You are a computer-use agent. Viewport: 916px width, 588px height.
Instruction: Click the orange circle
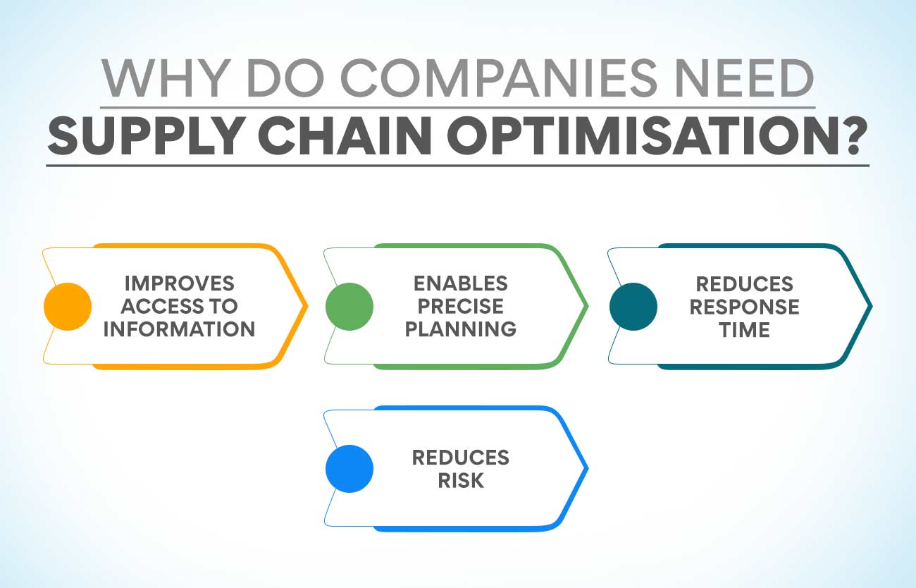point(68,306)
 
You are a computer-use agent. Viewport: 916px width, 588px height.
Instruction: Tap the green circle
point(349,306)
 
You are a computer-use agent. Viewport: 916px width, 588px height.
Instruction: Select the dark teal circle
point(633,306)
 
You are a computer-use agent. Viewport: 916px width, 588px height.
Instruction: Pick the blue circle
point(349,469)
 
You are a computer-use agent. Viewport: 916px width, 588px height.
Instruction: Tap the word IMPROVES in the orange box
point(179,283)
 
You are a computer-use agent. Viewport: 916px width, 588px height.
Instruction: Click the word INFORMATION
point(179,329)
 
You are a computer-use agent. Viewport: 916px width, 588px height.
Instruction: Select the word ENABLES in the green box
point(460,283)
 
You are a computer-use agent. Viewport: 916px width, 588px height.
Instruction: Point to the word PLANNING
point(460,329)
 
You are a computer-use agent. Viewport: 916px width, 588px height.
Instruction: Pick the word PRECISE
point(460,306)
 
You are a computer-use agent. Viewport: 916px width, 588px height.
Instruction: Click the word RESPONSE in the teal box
point(744,307)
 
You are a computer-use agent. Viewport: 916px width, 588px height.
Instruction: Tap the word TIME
point(744,329)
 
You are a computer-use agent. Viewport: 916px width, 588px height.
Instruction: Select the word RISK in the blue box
point(460,480)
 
